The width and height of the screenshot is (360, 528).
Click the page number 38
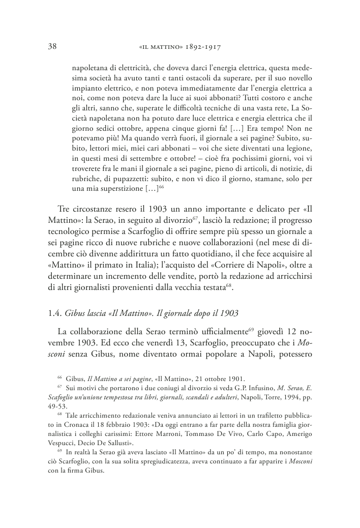pos(51,46)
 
